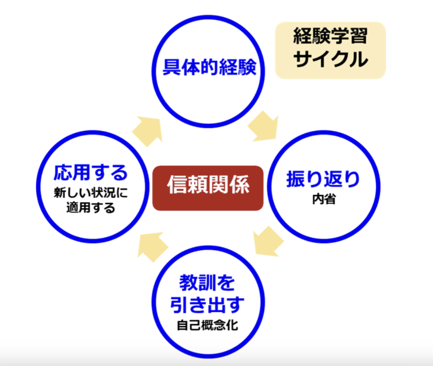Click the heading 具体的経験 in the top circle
tap(209, 68)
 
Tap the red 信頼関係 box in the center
tap(208, 188)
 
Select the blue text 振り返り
tap(323, 179)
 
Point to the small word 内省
tap(324, 199)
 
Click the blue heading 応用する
tap(91, 173)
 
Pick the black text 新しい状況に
tap(91, 193)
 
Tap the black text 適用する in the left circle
tap(91, 207)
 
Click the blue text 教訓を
tap(207, 283)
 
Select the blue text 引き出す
tap(207, 304)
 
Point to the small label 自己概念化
tap(207, 325)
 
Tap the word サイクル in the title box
tap(330, 59)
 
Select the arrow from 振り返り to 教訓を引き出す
tap(268, 242)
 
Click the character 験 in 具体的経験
tap(247, 68)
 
